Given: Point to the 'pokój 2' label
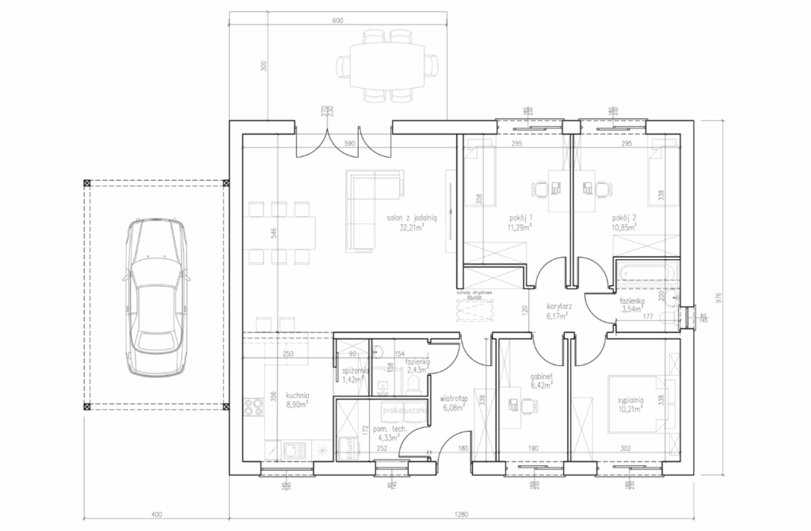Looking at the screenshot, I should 623,218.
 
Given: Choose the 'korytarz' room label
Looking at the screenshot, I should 559,305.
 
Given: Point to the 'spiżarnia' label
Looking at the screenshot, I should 352,371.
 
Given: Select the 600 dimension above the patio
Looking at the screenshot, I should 338,21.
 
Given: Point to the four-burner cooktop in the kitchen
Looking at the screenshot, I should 253,408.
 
